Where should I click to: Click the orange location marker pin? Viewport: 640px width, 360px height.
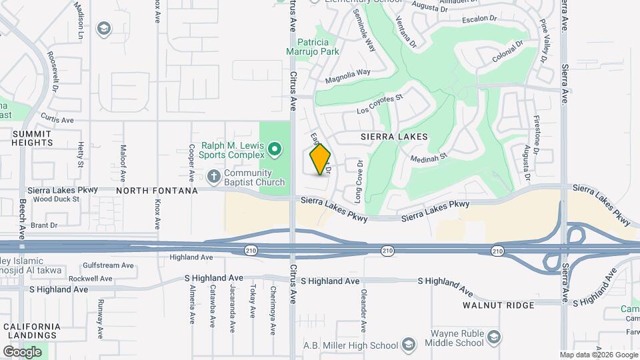point(320,159)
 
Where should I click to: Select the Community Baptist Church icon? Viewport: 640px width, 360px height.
point(213,177)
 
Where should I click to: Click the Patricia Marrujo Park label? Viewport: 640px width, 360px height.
point(318,46)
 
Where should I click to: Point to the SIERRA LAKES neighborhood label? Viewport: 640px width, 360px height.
point(393,136)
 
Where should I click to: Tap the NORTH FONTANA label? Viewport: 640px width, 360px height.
point(157,191)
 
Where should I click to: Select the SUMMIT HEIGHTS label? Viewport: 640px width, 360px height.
point(32,138)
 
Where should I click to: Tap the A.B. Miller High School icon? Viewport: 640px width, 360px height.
point(409,345)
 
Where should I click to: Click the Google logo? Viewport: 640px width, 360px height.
point(22,351)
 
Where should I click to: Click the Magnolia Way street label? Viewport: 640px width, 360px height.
point(347,77)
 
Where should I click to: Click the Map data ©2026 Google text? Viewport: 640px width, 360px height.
point(599,355)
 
